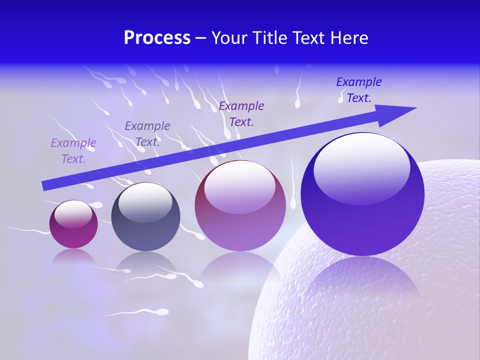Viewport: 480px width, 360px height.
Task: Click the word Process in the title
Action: pos(157,38)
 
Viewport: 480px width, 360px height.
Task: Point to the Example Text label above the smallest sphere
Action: pos(73,151)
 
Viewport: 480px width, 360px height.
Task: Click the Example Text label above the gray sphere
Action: pos(147,134)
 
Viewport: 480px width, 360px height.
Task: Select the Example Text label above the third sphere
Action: pos(241,114)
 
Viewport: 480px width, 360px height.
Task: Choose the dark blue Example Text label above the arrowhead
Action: pos(359,90)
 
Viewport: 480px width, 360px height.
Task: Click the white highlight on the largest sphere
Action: pos(361,167)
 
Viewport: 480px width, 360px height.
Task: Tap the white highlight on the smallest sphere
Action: pos(73,214)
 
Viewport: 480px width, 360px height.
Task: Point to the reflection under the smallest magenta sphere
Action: pos(73,256)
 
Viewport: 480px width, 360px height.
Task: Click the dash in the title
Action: pos(201,38)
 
